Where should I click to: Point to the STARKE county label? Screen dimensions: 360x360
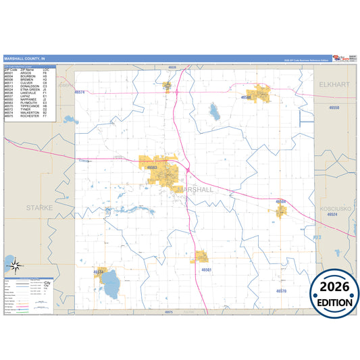tap(39, 208)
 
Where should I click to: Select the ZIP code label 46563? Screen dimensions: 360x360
tap(151, 168)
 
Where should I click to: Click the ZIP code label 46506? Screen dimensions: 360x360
tap(247, 97)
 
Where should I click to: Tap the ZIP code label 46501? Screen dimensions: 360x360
tap(207, 269)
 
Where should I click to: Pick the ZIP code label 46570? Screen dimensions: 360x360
tap(282, 290)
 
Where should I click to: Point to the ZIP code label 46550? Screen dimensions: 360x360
tap(334, 107)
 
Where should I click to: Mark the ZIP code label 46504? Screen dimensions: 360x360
tap(280, 201)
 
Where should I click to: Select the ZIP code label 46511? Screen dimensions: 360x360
tap(99, 272)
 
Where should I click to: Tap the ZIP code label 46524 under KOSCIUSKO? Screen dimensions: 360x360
tap(331, 215)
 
